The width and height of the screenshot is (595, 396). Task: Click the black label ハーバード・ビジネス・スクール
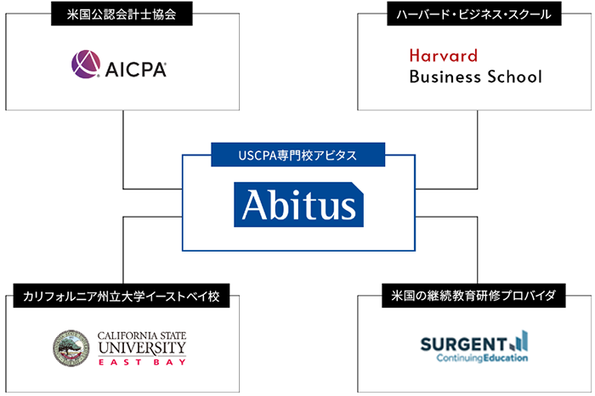pyautogui.click(x=474, y=14)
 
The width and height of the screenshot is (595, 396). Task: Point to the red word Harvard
pyautogui.click(x=443, y=56)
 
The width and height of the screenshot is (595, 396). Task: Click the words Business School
pyautogui.click(x=474, y=77)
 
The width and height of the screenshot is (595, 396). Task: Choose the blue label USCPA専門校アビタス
pyautogui.click(x=297, y=156)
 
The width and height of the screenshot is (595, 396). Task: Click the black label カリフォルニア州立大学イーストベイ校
pyautogui.click(x=122, y=297)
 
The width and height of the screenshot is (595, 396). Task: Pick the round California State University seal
pyautogui.click(x=71, y=348)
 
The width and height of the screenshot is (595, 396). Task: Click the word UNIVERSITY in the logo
pyautogui.click(x=141, y=348)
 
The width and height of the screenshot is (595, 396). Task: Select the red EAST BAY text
pyautogui.click(x=141, y=361)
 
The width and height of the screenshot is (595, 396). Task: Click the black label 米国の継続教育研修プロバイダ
pyautogui.click(x=473, y=297)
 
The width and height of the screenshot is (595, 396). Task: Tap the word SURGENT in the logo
pyautogui.click(x=463, y=343)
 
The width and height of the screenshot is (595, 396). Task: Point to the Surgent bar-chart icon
pyautogui.click(x=519, y=341)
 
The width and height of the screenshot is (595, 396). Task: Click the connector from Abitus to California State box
pyautogui.click(x=124, y=255)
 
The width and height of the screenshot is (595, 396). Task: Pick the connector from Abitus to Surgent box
pyautogui.click(x=477, y=255)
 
